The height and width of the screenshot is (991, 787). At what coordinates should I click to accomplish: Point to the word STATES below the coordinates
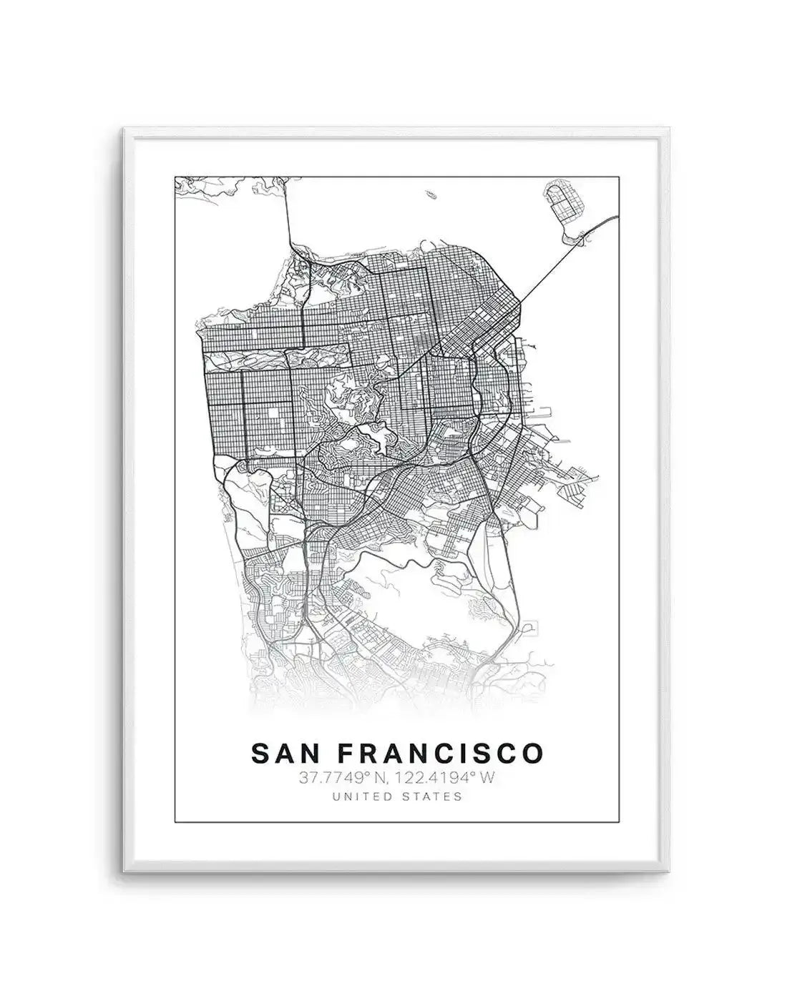click(434, 796)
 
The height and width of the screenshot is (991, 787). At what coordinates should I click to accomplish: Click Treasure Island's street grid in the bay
click(562, 200)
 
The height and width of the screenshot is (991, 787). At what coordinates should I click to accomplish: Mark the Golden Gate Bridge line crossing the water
click(288, 215)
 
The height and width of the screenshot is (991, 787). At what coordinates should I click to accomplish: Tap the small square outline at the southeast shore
click(530, 628)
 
